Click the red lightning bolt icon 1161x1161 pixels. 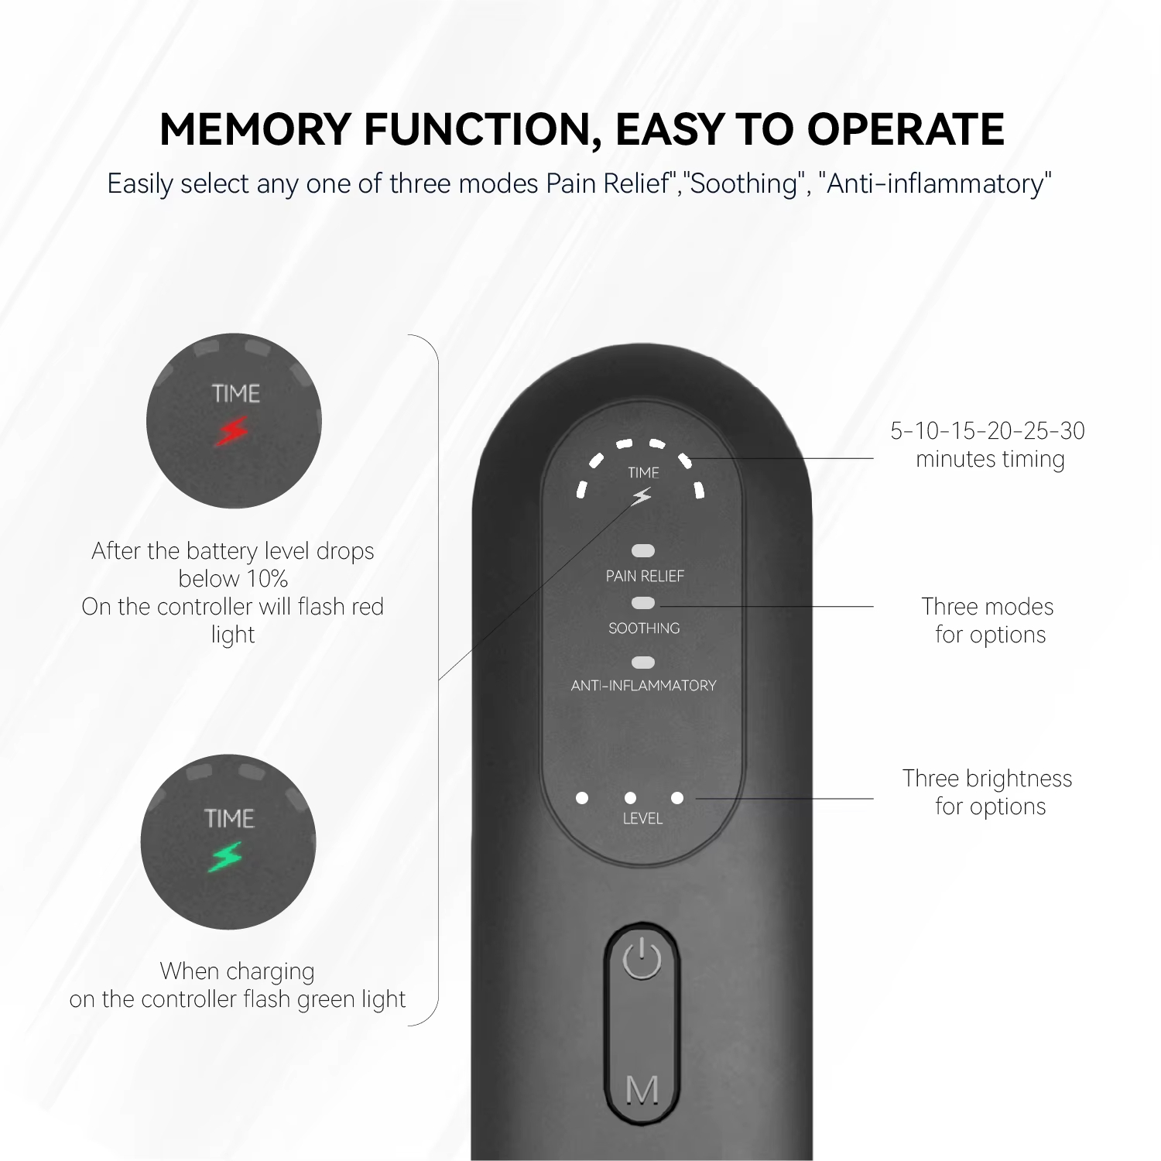point(231,432)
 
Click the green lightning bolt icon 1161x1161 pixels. point(225,857)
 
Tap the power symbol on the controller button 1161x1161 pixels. point(642,961)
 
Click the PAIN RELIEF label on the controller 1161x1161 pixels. point(645,577)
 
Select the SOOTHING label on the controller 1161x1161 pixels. point(644,628)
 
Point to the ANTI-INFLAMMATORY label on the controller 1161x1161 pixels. point(644,686)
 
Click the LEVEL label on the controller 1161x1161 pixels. point(642,819)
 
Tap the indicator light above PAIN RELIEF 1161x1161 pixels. point(643,551)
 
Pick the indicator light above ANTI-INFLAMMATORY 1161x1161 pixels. point(643,663)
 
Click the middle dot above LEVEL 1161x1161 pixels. point(630,797)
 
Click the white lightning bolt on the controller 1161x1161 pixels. point(642,497)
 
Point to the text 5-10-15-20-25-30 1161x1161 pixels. point(988,431)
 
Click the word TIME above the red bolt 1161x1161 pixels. point(236,394)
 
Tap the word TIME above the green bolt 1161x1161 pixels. point(230,819)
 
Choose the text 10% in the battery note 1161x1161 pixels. point(266,579)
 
